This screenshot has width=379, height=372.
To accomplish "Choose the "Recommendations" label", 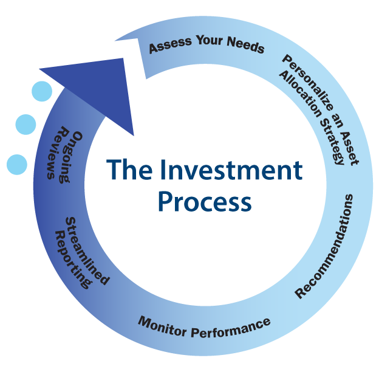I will pyautogui.click(x=326, y=246).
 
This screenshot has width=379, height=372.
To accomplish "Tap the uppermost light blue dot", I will pyautogui.click(x=42, y=92).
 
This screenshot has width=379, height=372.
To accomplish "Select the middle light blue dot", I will pyautogui.click(x=26, y=125).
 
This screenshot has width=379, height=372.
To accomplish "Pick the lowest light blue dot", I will pyautogui.click(x=17, y=164).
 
